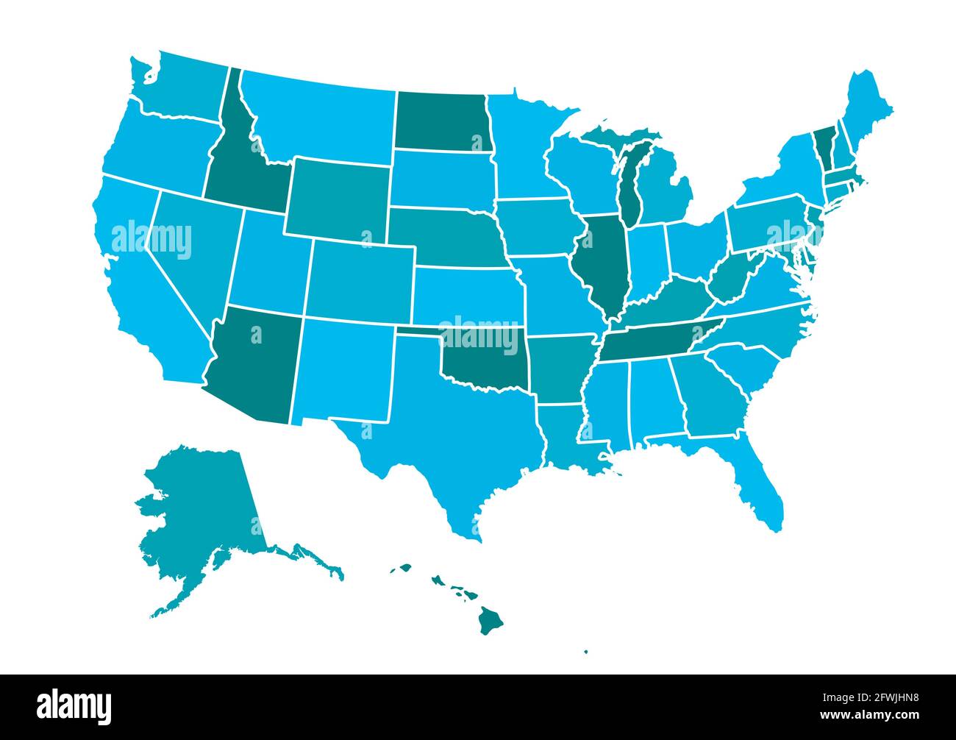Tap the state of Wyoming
pos(338,199)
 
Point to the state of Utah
pos(268,261)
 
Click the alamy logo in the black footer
pos(74,705)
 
